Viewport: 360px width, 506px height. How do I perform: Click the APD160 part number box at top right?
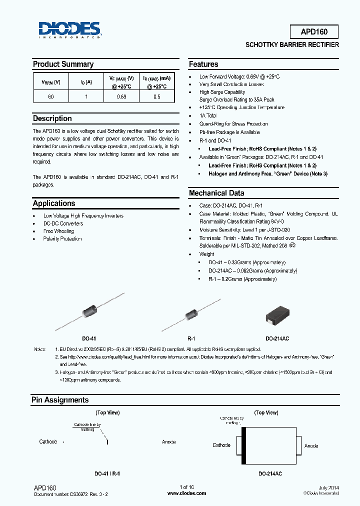tap(314, 32)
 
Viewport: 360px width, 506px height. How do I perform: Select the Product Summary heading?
tap(63, 64)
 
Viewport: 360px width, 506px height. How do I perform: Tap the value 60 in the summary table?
tap(51, 96)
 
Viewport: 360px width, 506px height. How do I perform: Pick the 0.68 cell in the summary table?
tap(121, 96)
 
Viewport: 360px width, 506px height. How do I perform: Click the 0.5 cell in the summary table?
tap(156, 96)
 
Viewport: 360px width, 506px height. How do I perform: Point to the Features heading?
tap(203, 64)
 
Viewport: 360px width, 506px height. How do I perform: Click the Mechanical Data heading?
tap(216, 193)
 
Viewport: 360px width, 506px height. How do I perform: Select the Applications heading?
tap(54, 203)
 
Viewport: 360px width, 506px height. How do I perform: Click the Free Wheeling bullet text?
tap(58, 231)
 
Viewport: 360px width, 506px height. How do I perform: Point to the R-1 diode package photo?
tap(190, 314)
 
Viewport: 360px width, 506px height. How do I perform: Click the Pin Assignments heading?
tap(60, 400)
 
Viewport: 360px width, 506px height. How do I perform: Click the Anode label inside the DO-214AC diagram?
tap(311, 445)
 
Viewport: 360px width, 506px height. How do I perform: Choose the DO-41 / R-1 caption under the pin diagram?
tap(107, 473)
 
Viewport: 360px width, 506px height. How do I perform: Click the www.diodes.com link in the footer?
tap(186, 493)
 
